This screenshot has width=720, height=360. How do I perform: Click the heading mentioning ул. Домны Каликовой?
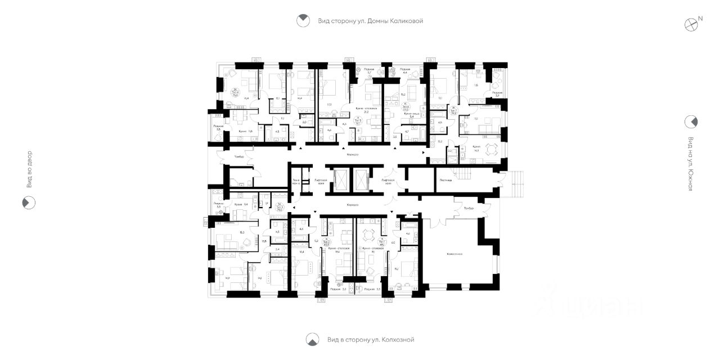[370, 21]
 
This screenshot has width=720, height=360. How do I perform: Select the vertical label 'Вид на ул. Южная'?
[690, 164]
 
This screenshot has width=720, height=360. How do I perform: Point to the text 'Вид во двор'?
[30, 169]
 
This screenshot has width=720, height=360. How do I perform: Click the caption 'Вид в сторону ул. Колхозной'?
[370, 340]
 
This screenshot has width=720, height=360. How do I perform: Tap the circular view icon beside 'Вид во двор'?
[29, 202]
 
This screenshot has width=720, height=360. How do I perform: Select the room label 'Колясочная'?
[454, 254]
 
